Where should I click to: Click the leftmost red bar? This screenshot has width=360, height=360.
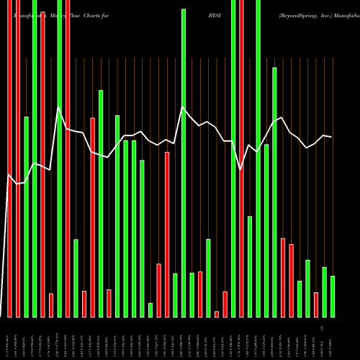[x=10, y=158]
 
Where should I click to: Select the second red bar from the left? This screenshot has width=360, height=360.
[x=42, y=158]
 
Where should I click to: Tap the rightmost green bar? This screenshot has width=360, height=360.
[x=333, y=297]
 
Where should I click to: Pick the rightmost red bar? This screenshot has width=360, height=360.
[x=316, y=305]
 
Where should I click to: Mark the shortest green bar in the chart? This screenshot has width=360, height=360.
[x=150, y=310]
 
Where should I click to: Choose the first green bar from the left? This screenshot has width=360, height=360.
[x=27, y=216]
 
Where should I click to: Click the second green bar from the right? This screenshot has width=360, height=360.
[x=324, y=292]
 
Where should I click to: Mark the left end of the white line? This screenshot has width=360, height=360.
[x=8, y=175]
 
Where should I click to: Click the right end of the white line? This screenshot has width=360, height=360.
[x=332, y=137]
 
